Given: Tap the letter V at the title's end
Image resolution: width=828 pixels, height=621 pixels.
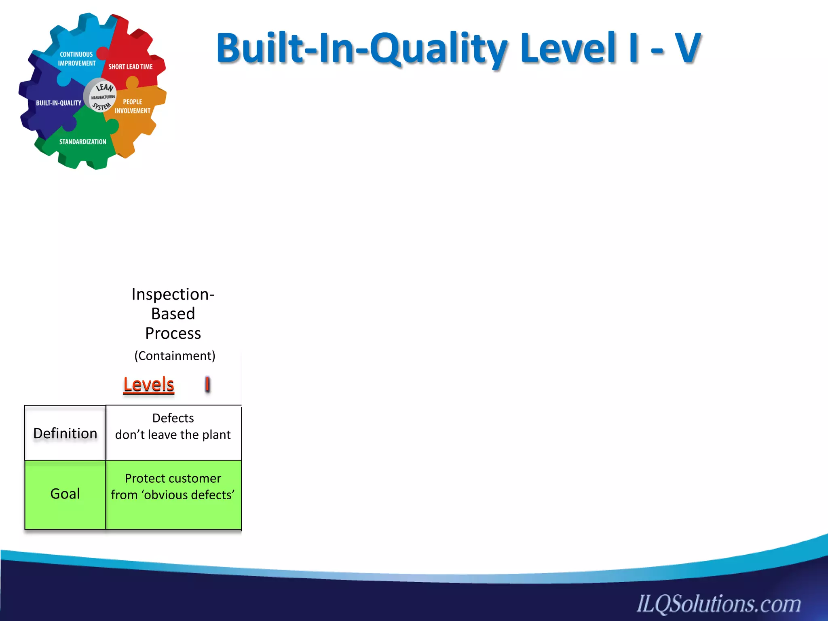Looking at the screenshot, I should pyautogui.click(x=686, y=49).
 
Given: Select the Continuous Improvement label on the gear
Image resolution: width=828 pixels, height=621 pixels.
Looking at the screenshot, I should pyautogui.click(x=76, y=59).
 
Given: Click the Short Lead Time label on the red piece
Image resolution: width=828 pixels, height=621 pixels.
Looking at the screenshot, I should pyautogui.click(x=130, y=67).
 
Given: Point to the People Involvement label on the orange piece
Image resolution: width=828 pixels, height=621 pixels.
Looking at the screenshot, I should pyautogui.click(x=132, y=106).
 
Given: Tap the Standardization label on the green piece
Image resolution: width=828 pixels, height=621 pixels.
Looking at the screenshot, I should pyautogui.click(x=82, y=142).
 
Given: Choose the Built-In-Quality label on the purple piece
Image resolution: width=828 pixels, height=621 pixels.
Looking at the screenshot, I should pyautogui.click(x=59, y=103).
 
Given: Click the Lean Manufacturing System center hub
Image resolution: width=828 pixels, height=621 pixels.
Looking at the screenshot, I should pyautogui.click(x=101, y=96).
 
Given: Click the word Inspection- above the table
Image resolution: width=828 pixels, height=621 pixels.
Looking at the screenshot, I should pyautogui.click(x=173, y=294).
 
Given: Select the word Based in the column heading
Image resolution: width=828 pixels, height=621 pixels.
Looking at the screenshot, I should pyautogui.click(x=173, y=314).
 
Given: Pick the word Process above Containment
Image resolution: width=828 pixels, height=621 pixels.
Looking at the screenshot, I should pyautogui.click(x=173, y=334).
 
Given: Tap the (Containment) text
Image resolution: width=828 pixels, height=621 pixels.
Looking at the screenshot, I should pyautogui.click(x=175, y=356).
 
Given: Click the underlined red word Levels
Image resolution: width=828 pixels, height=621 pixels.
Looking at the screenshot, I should pyautogui.click(x=149, y=384).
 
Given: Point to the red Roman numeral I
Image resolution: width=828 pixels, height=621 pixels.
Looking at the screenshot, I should pyautogui.click(x=207, y=384).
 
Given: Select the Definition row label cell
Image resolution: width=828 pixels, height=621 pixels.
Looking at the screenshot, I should pyautogui.click(x=65, y=433).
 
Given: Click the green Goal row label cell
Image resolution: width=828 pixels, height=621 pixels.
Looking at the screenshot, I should pyautogui.click(x=65, y=494).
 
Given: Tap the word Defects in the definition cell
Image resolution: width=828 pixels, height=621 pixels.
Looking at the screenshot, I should pyautogui.click(x=173, y=418).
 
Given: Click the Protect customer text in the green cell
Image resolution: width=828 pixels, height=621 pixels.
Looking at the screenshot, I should pyautogui.click(x=173, y=479).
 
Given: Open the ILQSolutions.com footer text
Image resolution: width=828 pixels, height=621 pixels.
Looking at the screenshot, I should pyautogui.click(x=719, y=604).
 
